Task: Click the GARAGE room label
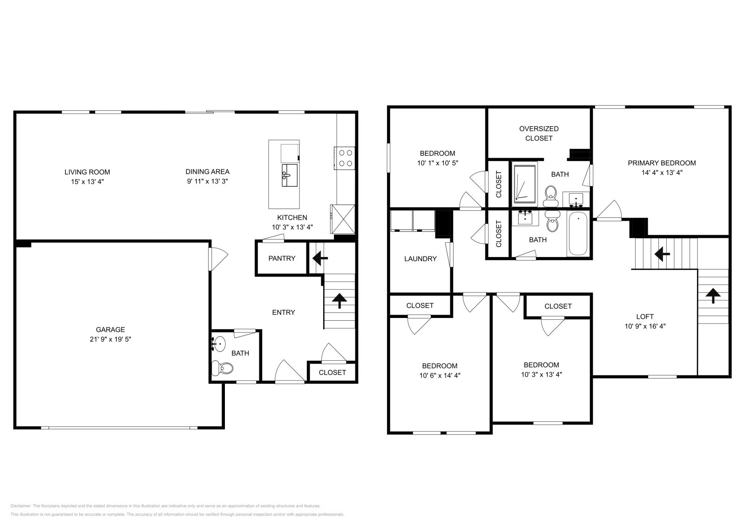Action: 110,330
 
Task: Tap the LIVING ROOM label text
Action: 87,172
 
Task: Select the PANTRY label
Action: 282,258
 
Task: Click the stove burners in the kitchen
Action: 345,157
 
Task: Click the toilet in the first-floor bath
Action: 223,369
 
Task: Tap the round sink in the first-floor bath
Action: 218,344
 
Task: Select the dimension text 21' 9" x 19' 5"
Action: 110,339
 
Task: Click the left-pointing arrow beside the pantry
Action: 320,257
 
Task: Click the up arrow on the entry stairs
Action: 339,301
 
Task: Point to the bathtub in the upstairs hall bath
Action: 578,234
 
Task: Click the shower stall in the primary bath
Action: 525,183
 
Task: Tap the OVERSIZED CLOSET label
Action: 539,133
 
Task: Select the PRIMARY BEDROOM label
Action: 662,163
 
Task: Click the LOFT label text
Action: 645,317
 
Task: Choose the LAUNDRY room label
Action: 420,259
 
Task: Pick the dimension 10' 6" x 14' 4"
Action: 440,375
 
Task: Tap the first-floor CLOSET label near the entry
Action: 332,372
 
